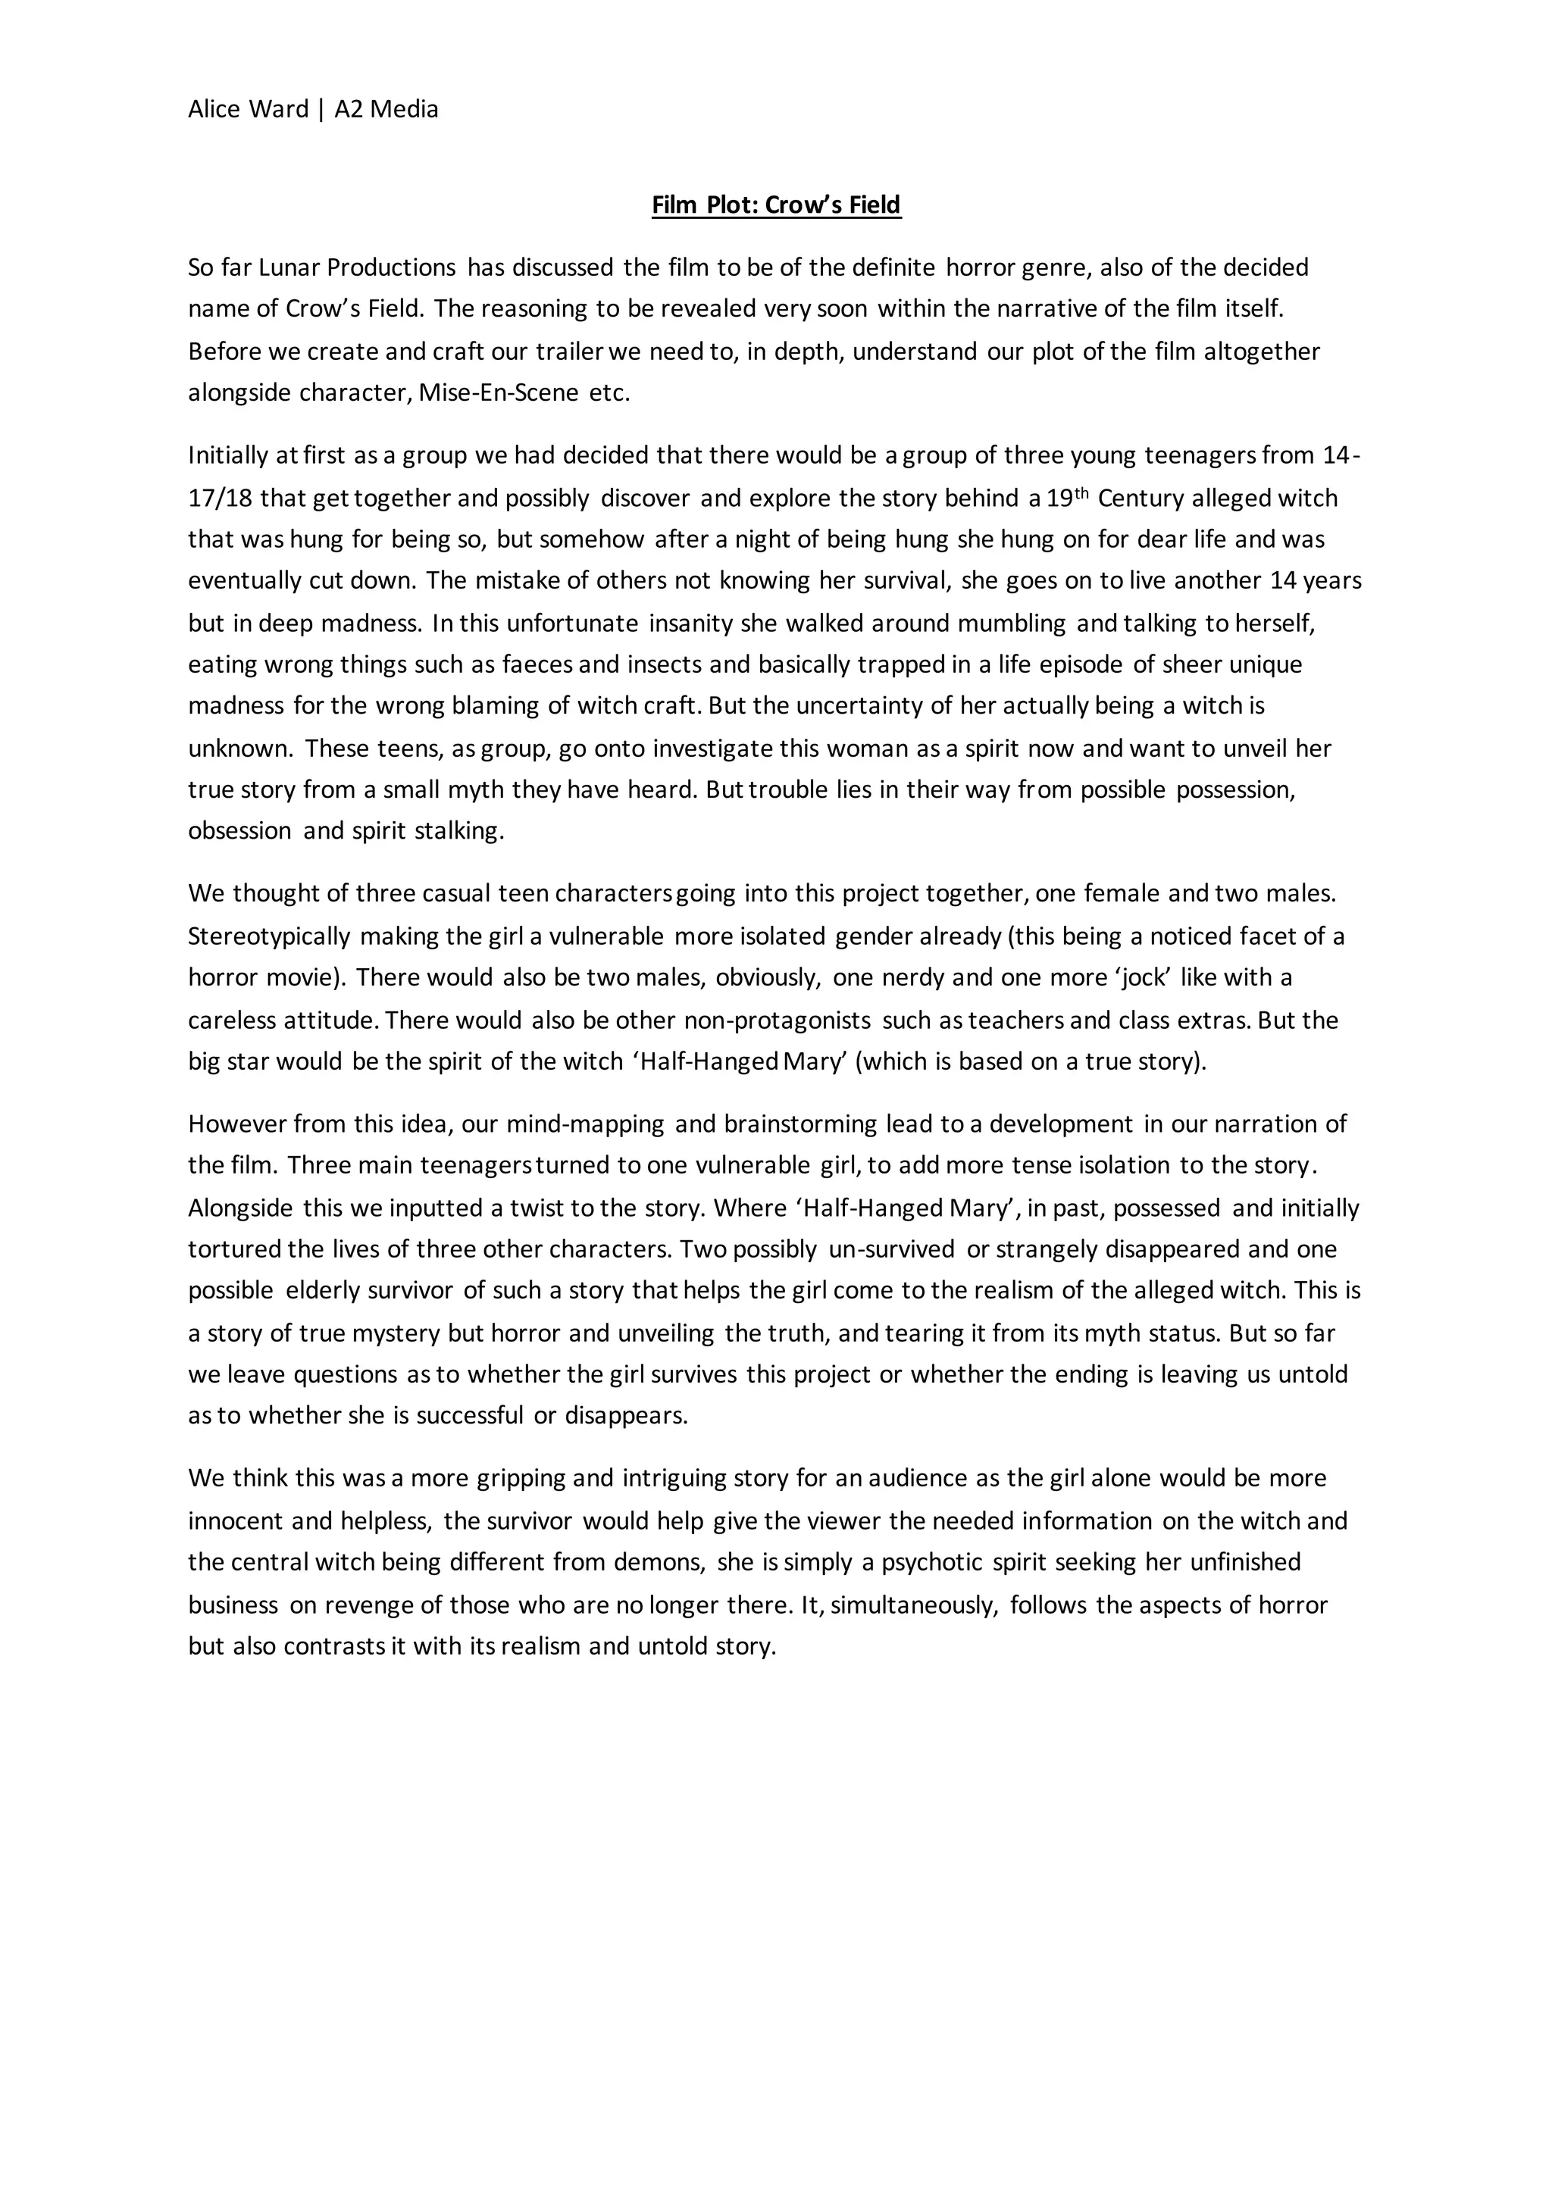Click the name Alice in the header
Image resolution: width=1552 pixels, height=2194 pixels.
click(215, 110)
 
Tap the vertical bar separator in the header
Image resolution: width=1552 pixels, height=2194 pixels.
click(321, 110)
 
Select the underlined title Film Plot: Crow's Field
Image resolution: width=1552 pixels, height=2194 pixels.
click(776, 205)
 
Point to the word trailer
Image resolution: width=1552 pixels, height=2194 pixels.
click(570, 352)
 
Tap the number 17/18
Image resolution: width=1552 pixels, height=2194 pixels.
click(220, 498)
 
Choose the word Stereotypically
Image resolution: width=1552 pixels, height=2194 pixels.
click(268, 936)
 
